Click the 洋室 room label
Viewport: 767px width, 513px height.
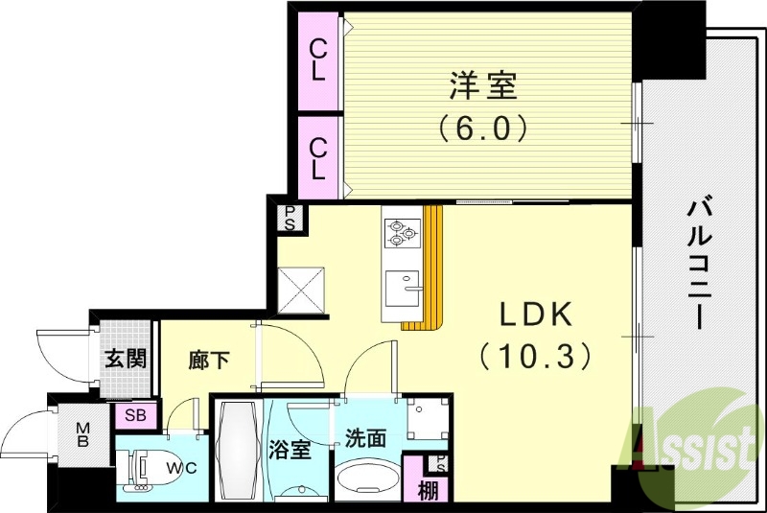point(484,86)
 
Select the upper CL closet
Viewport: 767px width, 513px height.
point(318,59)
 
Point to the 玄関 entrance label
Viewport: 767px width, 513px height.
point(125,360)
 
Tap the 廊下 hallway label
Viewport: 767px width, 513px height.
point(209,361)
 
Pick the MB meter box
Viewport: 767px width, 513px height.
point(83,436)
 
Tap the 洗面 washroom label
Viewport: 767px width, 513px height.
point(365,439)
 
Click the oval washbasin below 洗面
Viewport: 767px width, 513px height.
point(368,479)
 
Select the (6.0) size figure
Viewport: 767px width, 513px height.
point(484,127)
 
